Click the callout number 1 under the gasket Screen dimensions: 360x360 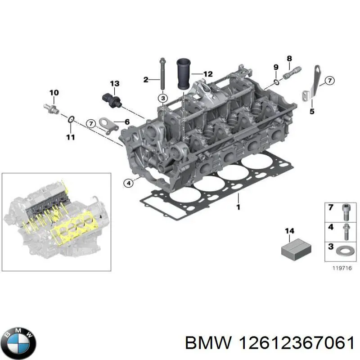238,207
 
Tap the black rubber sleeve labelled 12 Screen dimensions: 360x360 184,74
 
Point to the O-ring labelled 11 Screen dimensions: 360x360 71,119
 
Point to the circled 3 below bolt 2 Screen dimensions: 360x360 162,98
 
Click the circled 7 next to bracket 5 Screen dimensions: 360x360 329,81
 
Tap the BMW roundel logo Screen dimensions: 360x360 18,341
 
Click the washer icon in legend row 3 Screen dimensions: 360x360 345,251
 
